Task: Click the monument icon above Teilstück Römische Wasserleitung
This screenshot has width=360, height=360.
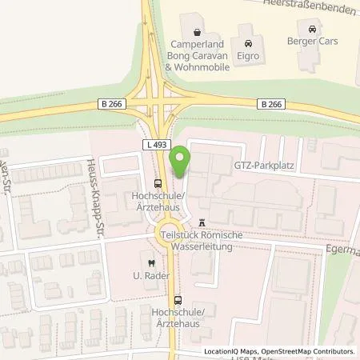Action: [202, 221]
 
